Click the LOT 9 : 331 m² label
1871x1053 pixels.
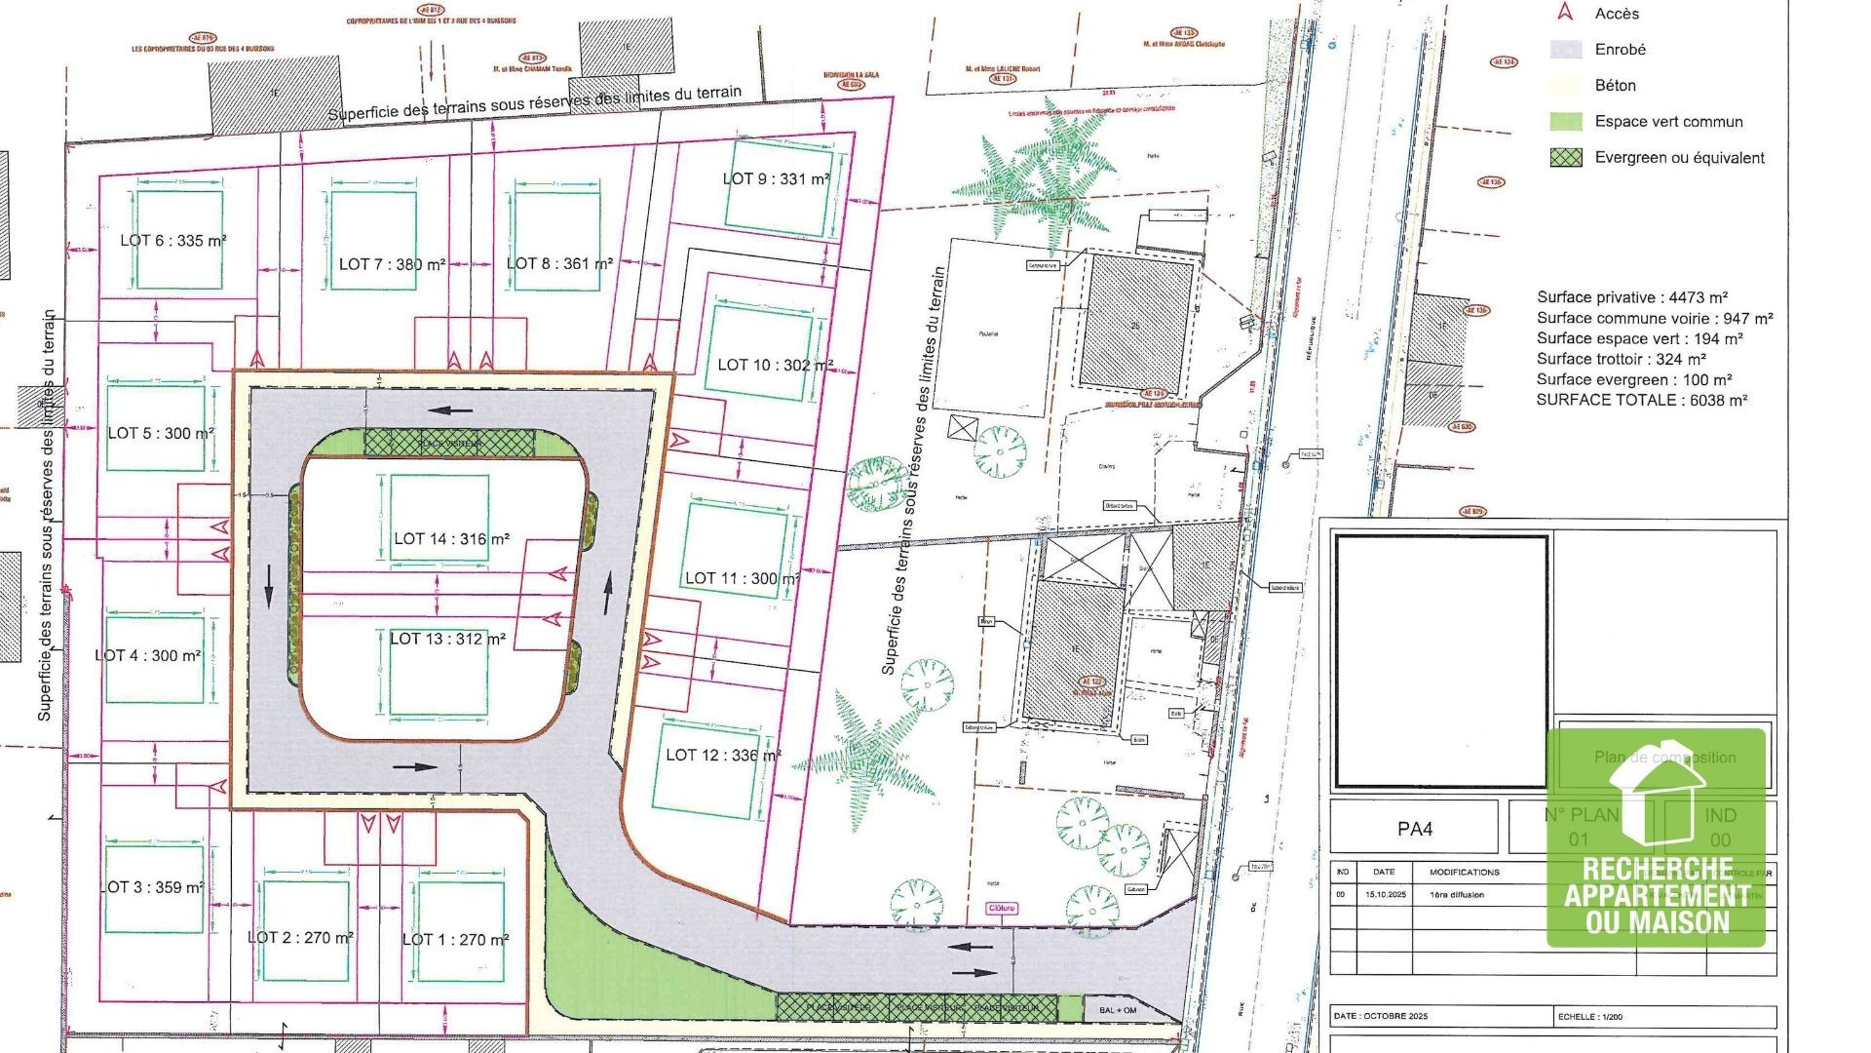(776, 179)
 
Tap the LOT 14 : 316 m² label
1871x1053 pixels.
(451, 539)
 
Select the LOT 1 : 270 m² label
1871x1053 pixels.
(455, 940)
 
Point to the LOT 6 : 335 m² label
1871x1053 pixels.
(173, 241)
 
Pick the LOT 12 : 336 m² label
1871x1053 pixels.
(723, 756)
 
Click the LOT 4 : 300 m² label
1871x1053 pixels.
(148, 656)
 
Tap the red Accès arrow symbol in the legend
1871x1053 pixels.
(1565, 13)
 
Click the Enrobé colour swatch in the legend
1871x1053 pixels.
(1566, 50)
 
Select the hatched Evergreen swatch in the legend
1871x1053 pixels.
(1566, 158)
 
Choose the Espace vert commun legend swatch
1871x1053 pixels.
(1566, 122)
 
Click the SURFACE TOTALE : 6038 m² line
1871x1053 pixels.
(1642, 401)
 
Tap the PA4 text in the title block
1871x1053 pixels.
(1415, 830)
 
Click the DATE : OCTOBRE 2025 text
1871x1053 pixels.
(1381, 1016)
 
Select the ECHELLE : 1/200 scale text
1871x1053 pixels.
(1590, 1016)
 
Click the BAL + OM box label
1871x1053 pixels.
(1118, 1010)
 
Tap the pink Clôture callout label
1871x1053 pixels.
(1002, 908)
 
